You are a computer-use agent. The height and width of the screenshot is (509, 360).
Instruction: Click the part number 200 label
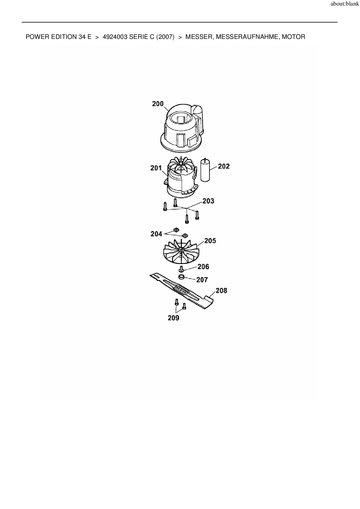click(158, 104)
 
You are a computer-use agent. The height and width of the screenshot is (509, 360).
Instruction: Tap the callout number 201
click(156, 168)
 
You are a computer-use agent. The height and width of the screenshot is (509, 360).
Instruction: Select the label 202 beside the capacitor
click(224, 166)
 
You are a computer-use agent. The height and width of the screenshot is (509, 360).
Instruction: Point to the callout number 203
click(208, 201)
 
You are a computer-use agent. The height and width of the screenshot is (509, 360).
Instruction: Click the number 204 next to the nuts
click(156, 234)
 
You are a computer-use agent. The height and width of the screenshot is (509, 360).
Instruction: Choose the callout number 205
click(210, 241)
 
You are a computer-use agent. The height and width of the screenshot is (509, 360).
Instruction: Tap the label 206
click(203, 266)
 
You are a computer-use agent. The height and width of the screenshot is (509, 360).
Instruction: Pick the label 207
click(202, 280)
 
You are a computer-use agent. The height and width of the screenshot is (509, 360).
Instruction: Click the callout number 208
click(221, 290)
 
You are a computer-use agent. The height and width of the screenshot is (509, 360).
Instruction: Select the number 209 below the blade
click(173, 318)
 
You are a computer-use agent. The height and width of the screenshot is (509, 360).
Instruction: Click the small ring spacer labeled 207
click(182, 277)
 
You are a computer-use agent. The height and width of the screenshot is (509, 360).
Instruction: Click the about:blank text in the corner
click(345, 4)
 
